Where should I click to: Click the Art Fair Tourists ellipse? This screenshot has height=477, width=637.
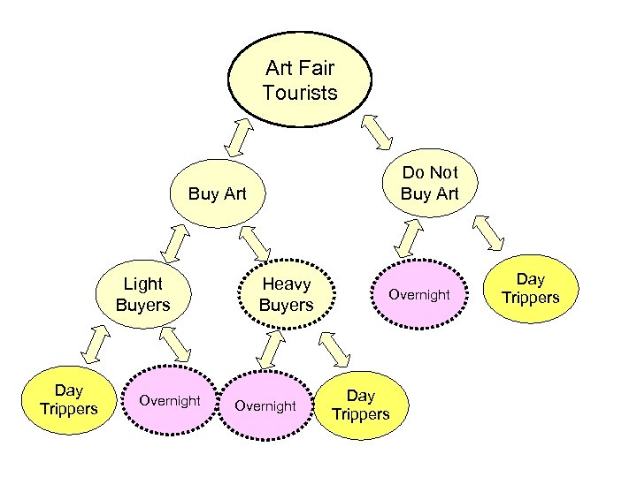tap(300, 80)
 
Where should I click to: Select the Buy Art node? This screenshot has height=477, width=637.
tap(217, 193)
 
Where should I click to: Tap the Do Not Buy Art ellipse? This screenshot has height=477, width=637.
tap(429, 183)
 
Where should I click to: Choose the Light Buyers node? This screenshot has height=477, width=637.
tap(142, 294)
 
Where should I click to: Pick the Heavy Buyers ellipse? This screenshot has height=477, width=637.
tap(286, 294)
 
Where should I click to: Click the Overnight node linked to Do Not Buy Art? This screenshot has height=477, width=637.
tap(419, 294)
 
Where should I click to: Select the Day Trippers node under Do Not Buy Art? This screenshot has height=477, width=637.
tap(531, 289)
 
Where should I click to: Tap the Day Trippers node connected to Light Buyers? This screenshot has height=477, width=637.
tap(68, 400)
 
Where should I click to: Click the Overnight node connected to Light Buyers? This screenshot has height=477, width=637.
tap(170, 401)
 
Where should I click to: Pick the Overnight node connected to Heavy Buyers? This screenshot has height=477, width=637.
tap(265, 405)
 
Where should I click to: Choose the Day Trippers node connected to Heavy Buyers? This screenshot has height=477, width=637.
tap(361, 405)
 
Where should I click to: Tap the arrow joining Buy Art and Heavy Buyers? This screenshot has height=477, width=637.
tap(256, 242)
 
